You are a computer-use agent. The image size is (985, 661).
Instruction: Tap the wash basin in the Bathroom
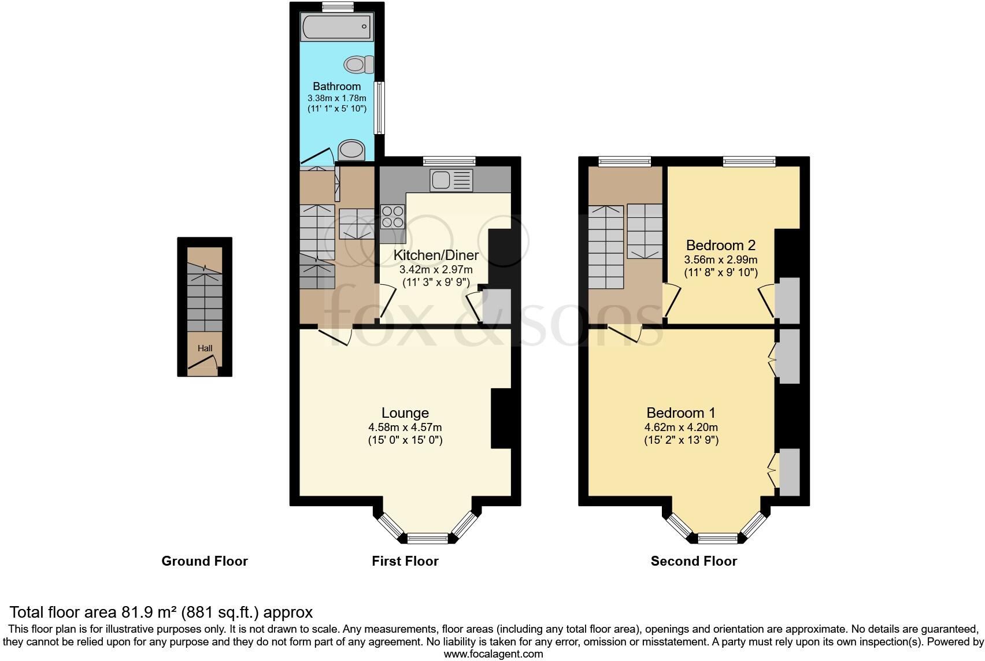coord(351,150)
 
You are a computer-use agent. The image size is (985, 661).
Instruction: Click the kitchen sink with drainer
coord(451,180)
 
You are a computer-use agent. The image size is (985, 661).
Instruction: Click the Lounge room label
coord(405,413)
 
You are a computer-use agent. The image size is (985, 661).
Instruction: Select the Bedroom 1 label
coord(680,413)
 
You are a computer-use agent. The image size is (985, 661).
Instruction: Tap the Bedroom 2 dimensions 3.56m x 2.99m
coord(720,260)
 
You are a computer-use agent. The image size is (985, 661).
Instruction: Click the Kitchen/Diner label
coord(436,255)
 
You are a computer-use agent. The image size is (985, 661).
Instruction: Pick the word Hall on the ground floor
coord(205,348)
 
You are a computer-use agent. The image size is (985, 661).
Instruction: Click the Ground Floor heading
coord(204,561)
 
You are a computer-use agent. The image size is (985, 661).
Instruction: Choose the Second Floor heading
coord(694,561)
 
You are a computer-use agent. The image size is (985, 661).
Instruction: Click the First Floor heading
coord(405,561)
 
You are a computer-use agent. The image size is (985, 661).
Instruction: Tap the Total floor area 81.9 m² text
coord(161,612)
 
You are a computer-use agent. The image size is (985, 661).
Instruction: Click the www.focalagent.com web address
coord(493,654)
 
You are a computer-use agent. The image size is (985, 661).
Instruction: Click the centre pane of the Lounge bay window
coord(428,538)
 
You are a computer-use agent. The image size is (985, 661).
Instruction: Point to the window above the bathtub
coord(338,6)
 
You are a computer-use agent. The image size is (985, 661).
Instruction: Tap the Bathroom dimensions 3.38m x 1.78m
coord(336,98)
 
